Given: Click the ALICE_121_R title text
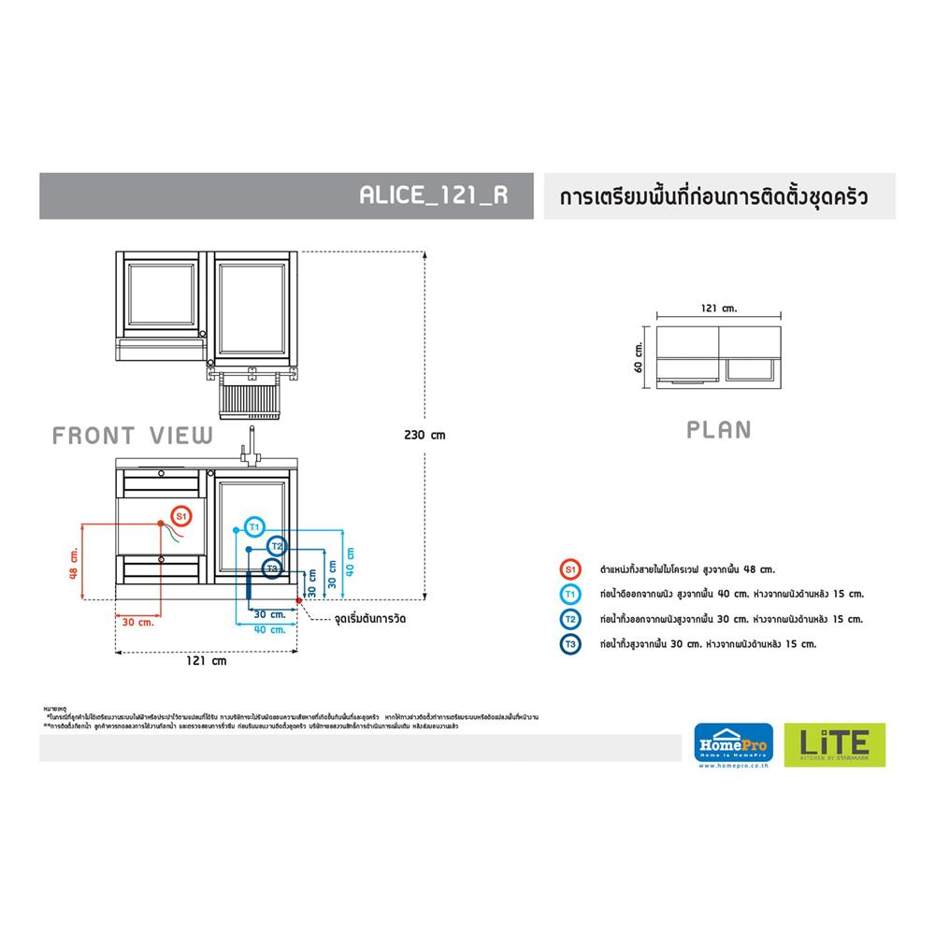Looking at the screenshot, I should (x=433, y=196).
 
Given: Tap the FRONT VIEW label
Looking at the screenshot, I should (x=133, y=436).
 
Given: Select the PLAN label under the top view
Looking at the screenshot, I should (x=718, y=430).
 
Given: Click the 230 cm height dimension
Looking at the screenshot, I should (x=424, y=435).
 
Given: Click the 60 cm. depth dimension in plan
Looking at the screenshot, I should (x=640, y=355).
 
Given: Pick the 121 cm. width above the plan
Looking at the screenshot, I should (x=718, y=307).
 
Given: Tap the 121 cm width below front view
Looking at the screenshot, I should (x=207, y=659).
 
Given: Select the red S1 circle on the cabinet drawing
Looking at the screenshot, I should (x=181, y=515).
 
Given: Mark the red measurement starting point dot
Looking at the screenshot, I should (x=298, y=598).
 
